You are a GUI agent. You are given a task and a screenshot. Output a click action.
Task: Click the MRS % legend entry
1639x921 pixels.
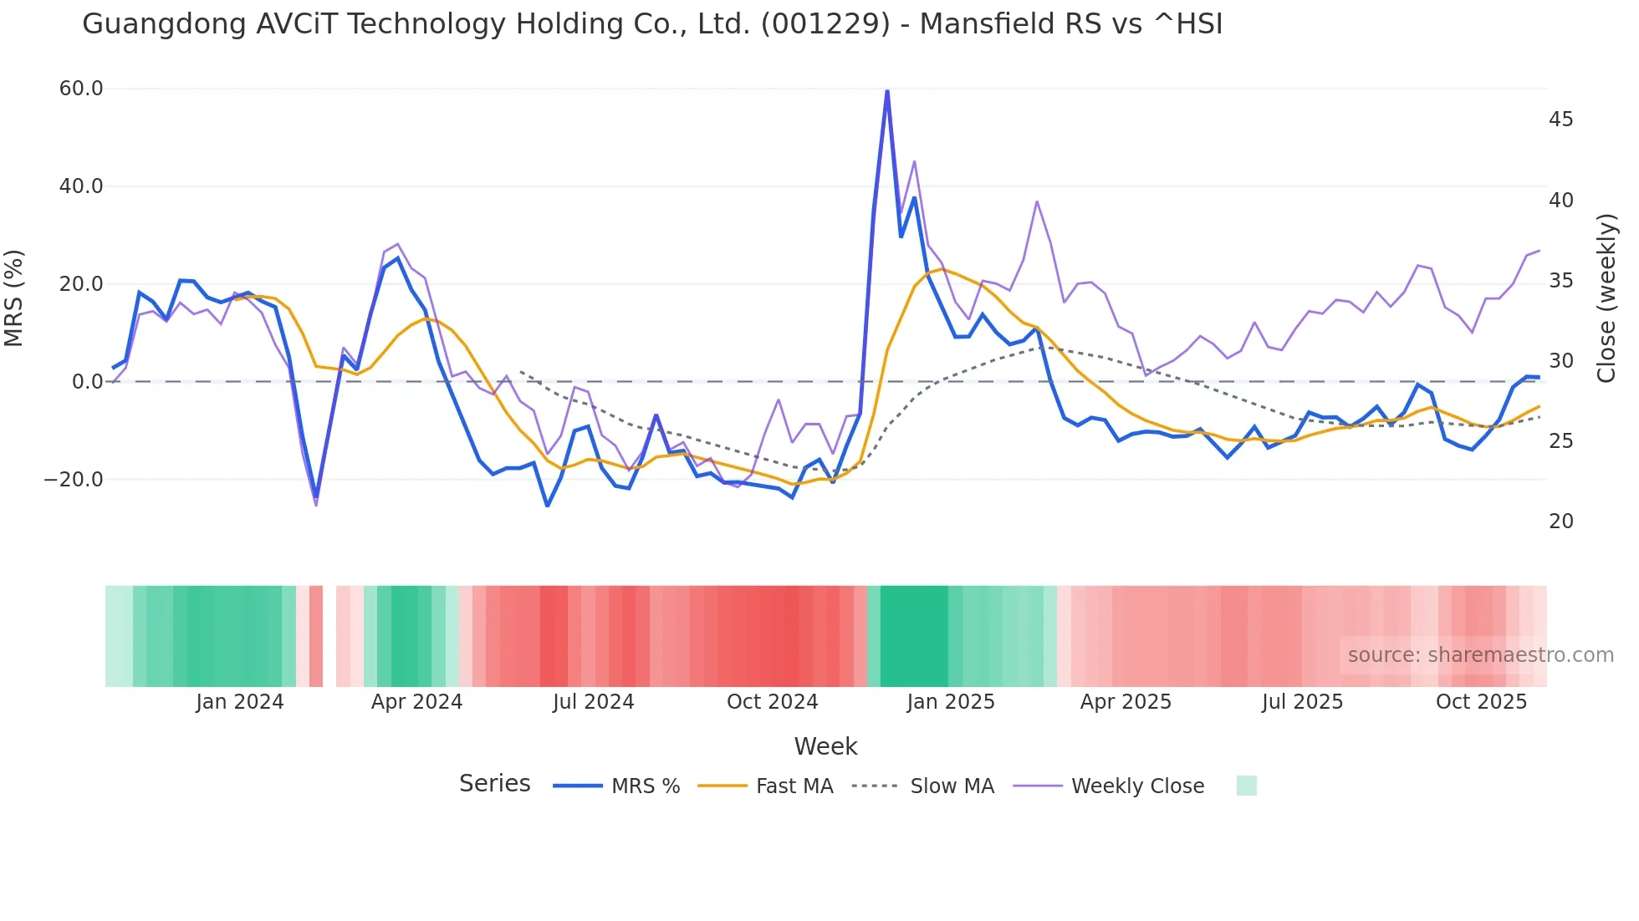point(645,786)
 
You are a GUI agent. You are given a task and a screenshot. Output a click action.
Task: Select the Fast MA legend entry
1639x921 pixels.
point(794,786)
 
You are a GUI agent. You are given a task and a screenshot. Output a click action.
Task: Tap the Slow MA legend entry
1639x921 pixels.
point(952,786)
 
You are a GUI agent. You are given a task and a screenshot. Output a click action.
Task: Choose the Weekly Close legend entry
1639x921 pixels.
point(1137,786)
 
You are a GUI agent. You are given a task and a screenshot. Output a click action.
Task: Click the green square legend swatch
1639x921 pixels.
point(1246,786)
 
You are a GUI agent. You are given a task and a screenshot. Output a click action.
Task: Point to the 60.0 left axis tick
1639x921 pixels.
point(81,89)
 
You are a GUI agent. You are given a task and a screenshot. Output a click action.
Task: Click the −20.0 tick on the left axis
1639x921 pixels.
point(74,480)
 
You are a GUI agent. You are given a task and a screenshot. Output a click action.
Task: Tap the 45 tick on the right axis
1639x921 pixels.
point(1560,120)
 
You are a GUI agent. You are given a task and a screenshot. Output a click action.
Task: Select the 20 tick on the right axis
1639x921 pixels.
point(1560,522)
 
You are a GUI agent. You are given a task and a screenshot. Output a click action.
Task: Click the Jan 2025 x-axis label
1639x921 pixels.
point(951,702)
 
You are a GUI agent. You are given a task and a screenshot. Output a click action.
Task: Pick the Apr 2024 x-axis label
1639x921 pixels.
point(416,702)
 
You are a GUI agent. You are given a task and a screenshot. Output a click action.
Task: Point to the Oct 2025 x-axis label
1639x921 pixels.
point(1481,702)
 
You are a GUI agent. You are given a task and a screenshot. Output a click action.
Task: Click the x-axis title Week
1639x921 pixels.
point(825,746)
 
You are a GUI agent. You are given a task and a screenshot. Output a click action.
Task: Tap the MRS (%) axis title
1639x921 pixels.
point(14,298)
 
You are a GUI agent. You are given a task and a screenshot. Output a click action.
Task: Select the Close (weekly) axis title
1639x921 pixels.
point(1606,298)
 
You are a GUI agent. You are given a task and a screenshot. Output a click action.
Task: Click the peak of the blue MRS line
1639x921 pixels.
point(887,91)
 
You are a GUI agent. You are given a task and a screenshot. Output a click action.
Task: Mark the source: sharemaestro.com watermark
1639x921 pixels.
point(1480,655)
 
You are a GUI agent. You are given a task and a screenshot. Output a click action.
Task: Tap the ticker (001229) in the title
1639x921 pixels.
point(825,24)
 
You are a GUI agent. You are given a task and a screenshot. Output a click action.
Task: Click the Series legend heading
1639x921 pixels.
point(494,784)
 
